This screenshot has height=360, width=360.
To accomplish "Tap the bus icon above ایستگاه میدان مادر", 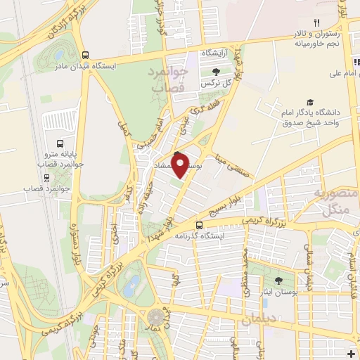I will tap(86, 54).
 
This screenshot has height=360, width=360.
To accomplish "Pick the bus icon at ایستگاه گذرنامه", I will tap(200, 225).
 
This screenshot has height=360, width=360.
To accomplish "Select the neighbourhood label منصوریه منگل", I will tap(330, 202).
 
